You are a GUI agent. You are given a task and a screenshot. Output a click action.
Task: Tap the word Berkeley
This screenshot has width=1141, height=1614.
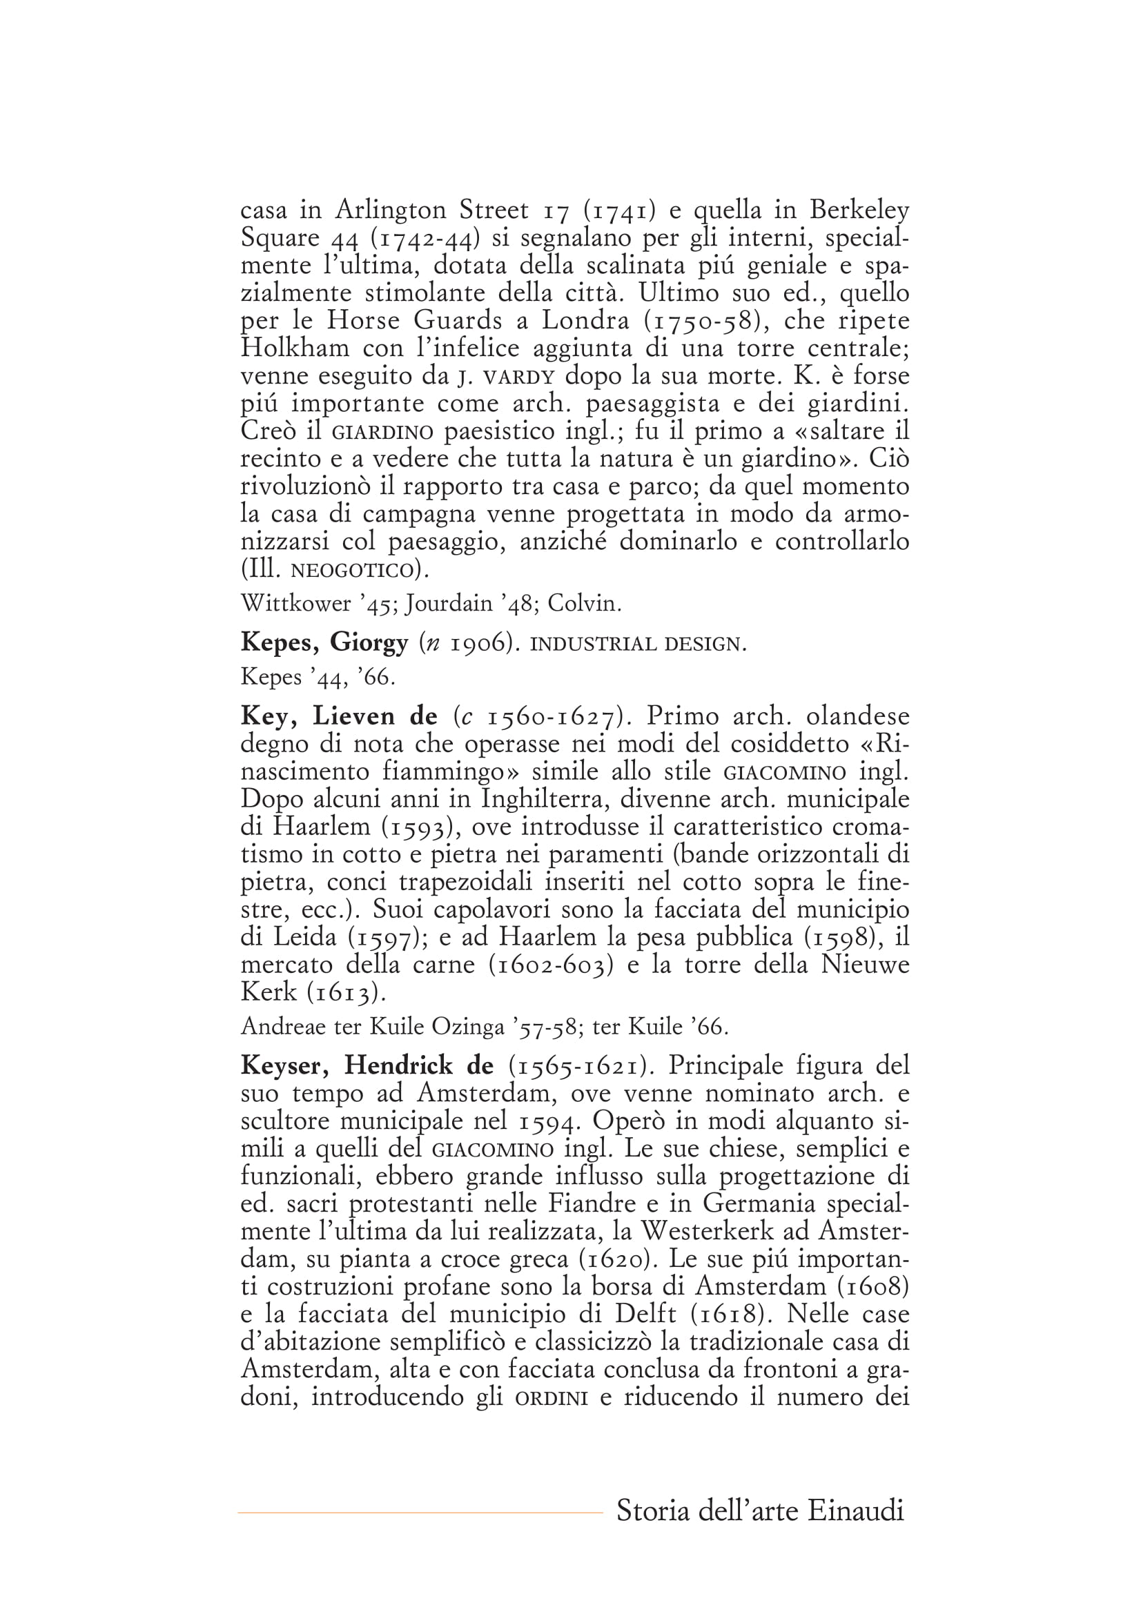[859, 210]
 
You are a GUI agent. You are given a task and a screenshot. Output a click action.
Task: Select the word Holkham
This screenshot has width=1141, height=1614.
[295, 348]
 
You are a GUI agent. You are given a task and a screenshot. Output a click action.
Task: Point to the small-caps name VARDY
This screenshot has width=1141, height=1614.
[520, 377]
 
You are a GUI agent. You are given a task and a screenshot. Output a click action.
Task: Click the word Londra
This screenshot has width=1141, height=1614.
[585, 321]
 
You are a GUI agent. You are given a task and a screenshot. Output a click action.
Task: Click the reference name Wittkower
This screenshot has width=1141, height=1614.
[295, 603]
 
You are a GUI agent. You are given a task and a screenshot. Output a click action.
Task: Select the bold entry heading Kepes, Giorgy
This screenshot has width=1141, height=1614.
[324, 642]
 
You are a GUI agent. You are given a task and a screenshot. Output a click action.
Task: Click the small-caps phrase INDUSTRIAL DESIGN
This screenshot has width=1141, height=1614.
[637, 644]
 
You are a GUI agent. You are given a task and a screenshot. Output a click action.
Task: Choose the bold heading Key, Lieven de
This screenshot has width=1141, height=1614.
[339, 716]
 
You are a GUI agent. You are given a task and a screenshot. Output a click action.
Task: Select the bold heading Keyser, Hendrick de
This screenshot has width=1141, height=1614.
[367, 1065]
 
